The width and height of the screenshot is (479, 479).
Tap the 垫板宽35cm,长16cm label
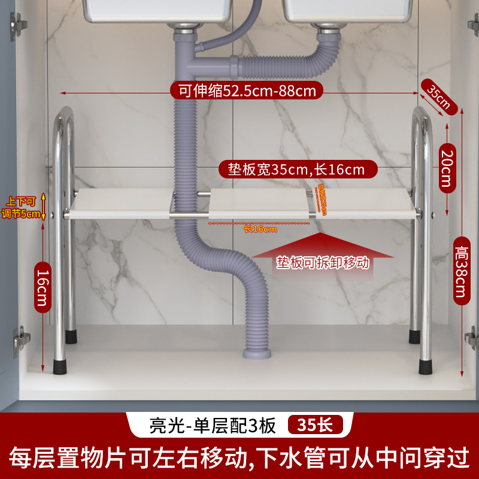[296, 170]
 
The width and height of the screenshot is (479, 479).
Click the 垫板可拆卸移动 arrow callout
[323, 261]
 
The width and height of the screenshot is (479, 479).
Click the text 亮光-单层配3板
[212, 425]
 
